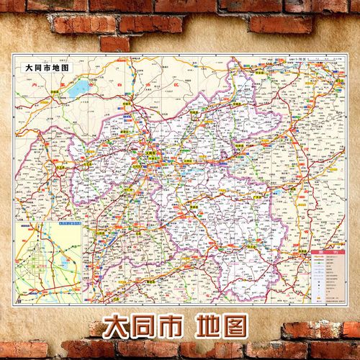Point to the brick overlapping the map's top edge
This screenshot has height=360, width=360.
(114, 44)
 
